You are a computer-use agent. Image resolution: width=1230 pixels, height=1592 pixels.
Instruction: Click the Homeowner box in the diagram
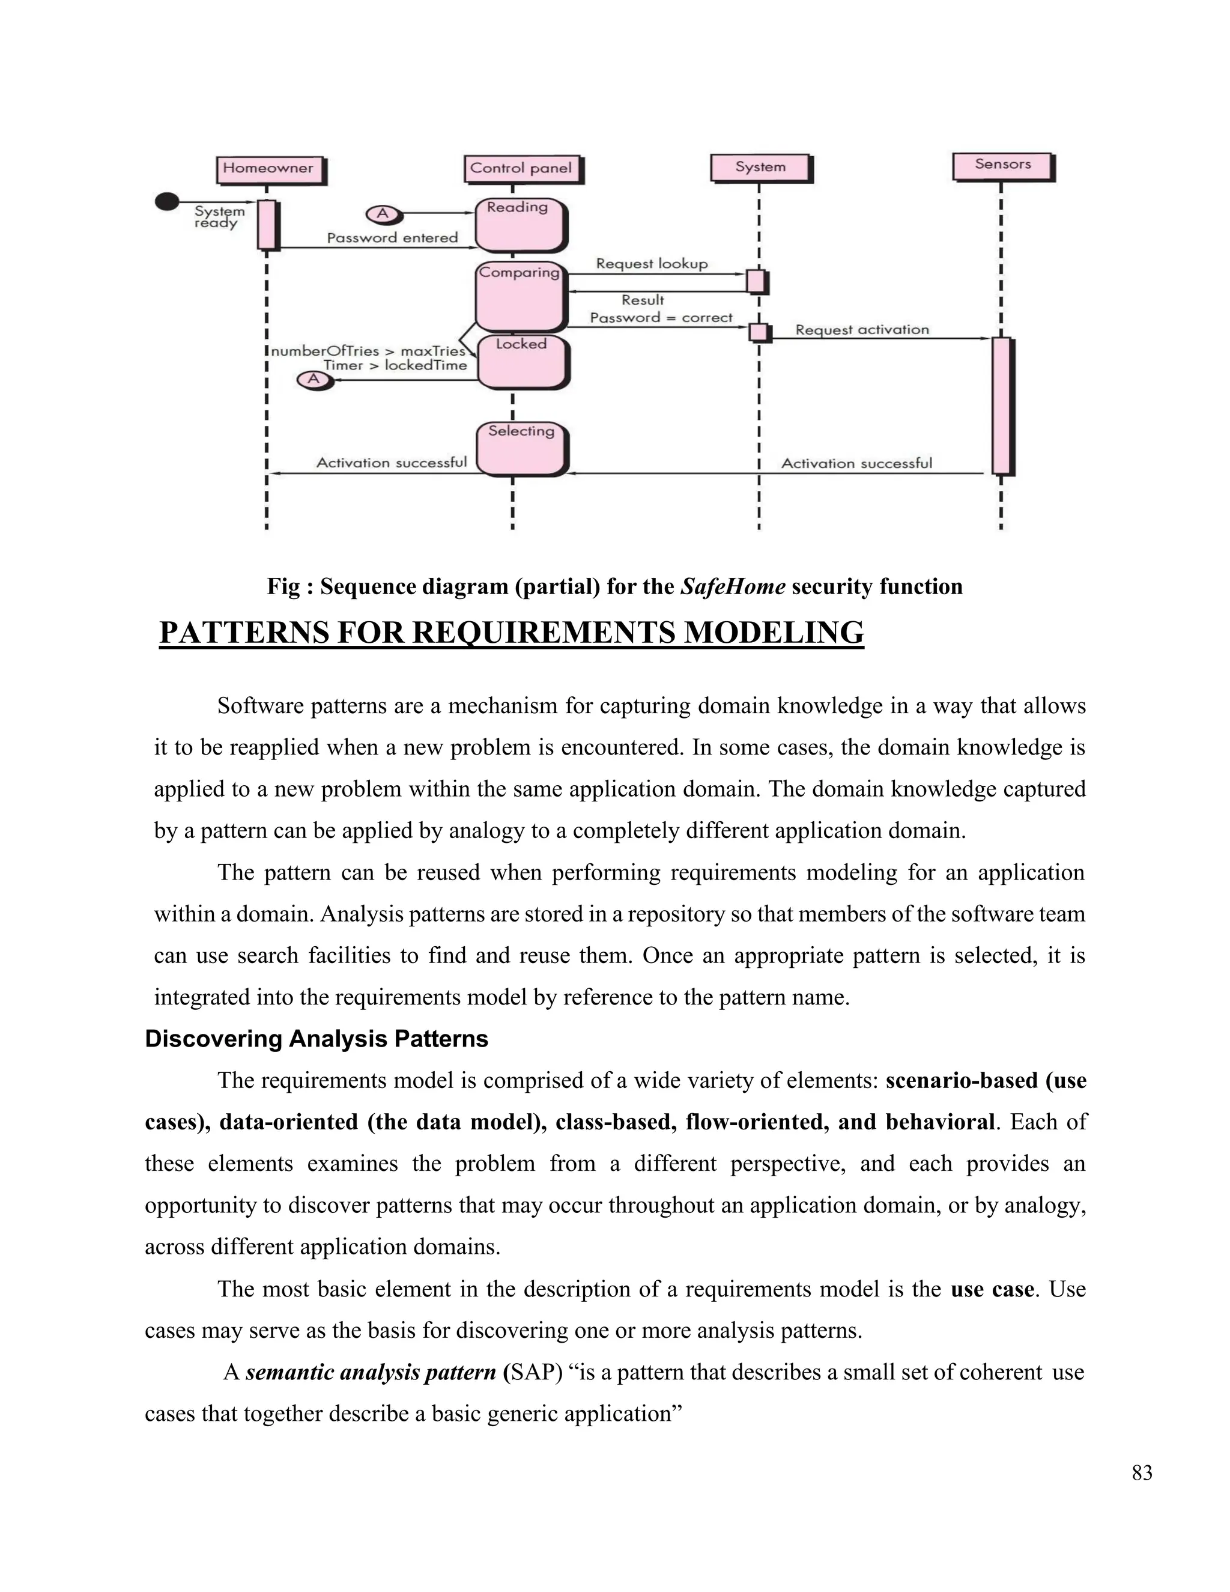click(270, 169)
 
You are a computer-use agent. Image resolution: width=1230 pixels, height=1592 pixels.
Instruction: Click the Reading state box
click(520, 225)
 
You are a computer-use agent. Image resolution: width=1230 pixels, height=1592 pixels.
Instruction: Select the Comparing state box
click(520, 295)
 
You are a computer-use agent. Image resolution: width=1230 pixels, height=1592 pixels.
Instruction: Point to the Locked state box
click(522, 361)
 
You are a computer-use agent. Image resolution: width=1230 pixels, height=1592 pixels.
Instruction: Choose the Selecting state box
click(522, 448)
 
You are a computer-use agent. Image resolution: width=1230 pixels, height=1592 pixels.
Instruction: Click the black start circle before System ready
click(167, 201)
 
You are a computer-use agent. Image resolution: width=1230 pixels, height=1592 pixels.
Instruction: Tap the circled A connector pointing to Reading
click(382, 214)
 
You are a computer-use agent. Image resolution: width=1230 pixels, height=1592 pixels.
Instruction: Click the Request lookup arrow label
click(652, 264)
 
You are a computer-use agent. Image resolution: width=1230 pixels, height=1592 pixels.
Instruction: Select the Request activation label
click(862, 329)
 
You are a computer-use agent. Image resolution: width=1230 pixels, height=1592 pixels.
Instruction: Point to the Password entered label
click(392, 238)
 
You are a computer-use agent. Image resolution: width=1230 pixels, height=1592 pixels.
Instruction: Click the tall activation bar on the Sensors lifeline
click(1002, 406)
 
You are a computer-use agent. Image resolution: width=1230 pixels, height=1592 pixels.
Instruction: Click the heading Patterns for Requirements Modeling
click(512, 632)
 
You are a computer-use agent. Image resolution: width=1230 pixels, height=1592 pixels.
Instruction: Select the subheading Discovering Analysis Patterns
click(317, 1038)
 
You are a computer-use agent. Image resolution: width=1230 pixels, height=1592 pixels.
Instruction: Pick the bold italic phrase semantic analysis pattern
click(371, 1372)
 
